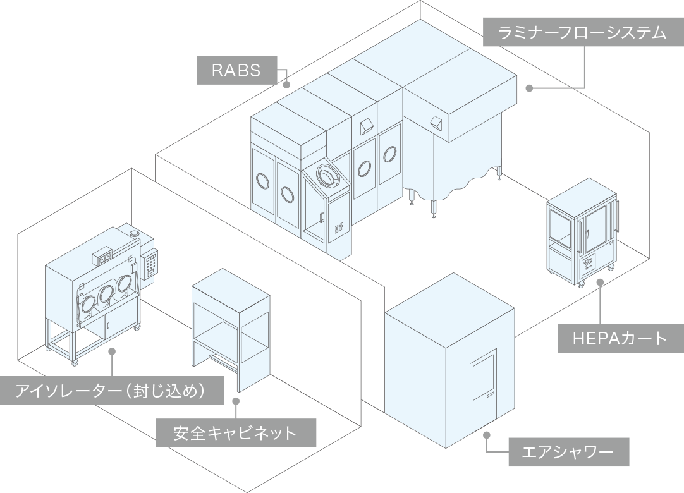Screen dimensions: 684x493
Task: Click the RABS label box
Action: (x=237, y=70)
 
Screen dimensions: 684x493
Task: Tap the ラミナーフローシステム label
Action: (x=583, y=32)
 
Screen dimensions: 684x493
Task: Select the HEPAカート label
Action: (x=621, y=338)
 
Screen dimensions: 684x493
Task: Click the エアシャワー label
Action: (x=569, y=452)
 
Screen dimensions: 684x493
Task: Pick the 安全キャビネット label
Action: (x=236, y=433)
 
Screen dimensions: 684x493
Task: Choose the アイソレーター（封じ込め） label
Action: (x=112, y=390)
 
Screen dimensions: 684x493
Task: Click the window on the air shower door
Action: (x=484, y=376)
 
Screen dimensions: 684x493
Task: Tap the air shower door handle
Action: (x=491, y=396)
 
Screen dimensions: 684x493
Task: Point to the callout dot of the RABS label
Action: (x=286, y=85)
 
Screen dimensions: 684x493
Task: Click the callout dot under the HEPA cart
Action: (x=600, y=282)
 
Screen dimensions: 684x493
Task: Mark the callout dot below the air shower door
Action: (x=487, y=435)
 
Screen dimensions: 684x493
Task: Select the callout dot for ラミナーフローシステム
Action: (x=529, y=88)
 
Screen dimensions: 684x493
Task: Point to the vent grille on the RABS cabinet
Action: (x=338, y=228)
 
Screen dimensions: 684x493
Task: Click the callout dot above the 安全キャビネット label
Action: (x=236, y=401)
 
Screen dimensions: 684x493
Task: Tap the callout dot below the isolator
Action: (x=112, y=351)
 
